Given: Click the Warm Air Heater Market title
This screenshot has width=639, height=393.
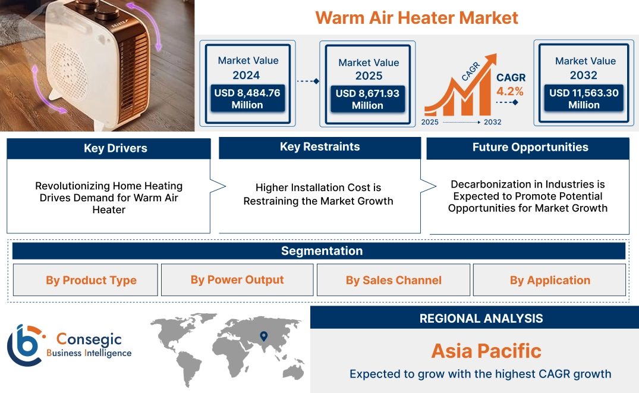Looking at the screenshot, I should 417,17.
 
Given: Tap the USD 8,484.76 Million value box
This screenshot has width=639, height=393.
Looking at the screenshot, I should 247,99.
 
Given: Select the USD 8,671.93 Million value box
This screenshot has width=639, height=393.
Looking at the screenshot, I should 367,99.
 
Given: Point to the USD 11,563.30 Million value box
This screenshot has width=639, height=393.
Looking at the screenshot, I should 584,99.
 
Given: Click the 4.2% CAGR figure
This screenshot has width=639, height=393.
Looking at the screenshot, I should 510,91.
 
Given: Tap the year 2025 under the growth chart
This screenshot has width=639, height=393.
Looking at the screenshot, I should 430,122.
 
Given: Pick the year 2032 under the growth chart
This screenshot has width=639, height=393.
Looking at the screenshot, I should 492,122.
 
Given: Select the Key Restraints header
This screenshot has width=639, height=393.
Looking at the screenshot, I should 320,147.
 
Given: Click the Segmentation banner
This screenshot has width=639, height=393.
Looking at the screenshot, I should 322,251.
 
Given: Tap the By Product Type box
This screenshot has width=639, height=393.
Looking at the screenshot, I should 91,280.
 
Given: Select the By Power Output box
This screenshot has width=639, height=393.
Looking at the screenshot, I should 237,280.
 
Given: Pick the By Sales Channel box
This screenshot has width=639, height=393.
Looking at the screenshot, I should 394,280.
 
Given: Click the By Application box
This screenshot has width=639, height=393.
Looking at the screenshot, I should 550,280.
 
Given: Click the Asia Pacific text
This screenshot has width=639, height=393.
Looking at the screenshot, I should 486,351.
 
